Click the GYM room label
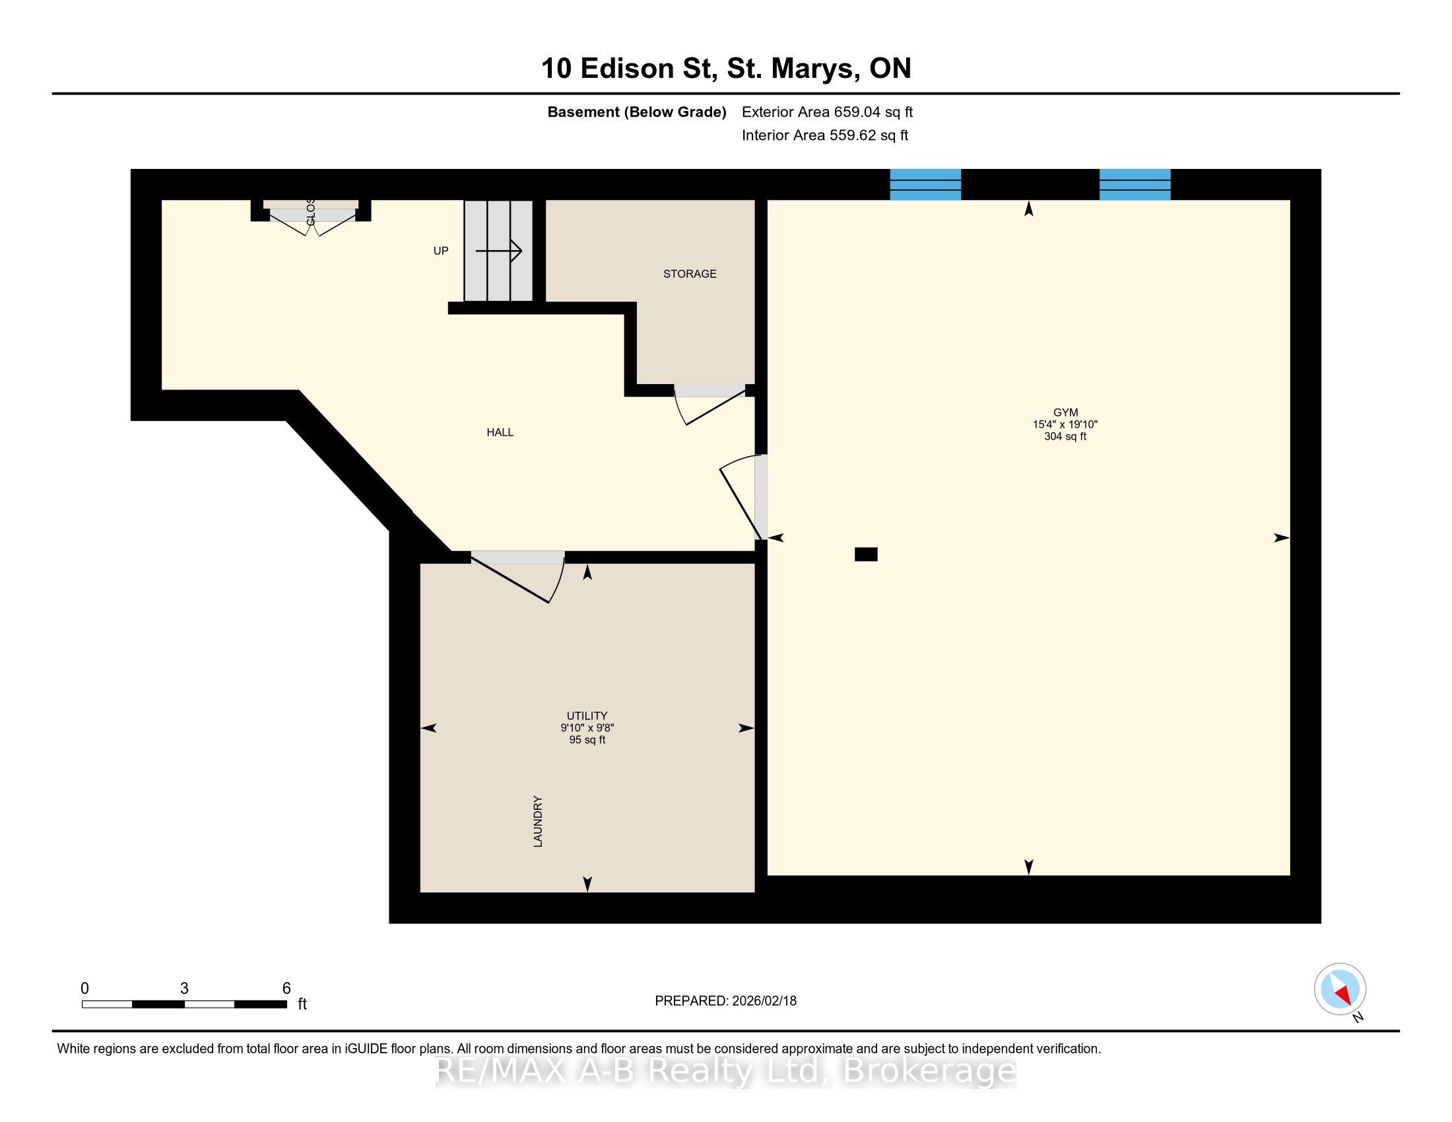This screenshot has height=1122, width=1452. (1065, 412)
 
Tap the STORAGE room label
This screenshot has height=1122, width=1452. (690, 274)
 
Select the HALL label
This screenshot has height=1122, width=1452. (500, 433)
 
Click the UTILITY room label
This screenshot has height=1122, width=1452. (587, 716)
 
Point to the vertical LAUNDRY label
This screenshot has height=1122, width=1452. (538, 822)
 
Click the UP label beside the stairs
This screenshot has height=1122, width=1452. (441, 251)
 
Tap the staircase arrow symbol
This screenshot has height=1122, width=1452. (498, 251)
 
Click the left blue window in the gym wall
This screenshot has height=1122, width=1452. (925, 185)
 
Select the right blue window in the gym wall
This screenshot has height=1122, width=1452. (1135, 185)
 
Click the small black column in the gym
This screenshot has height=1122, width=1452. (866, 554)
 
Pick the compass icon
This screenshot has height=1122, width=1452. (1340, 989)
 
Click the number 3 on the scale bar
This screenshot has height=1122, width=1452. (184, 989)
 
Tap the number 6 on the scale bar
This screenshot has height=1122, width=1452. (286, 989)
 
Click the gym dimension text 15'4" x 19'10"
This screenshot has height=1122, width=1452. (1065, 424)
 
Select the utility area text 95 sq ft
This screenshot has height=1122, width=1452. (587, 740)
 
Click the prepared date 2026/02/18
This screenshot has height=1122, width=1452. (763, 1001)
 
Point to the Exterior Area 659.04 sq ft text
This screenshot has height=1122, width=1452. (827, 112)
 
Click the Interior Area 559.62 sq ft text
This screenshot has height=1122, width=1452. (825, 135)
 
